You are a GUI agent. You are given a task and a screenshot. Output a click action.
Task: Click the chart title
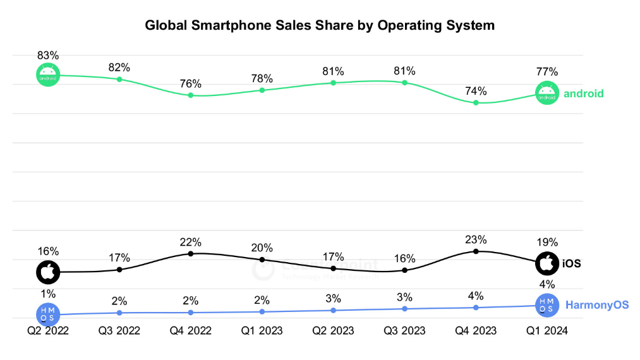tap(320, 26)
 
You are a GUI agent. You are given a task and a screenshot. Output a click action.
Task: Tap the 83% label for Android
tap(48, 55)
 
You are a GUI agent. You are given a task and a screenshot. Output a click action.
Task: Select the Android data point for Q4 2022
tap(190, 95)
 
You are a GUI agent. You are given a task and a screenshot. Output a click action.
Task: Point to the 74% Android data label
tap(476, 91)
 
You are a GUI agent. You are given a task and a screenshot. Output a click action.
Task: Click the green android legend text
tap(583, 93)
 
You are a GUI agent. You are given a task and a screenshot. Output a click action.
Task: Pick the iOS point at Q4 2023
tap(476, 251)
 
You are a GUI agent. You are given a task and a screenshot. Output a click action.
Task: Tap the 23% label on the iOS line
tap(476, 239)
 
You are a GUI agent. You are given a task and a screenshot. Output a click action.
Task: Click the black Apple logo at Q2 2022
tap(48, 272)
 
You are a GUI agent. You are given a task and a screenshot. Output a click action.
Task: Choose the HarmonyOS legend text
tap(597, 305)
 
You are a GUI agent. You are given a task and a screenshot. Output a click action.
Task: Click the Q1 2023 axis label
tap(262, 331)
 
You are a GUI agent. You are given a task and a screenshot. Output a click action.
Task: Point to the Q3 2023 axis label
tap(404, 331)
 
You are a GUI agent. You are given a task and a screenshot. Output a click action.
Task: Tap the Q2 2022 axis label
tap(48, 331)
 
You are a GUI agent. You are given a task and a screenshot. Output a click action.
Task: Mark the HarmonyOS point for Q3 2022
tap(119, 313)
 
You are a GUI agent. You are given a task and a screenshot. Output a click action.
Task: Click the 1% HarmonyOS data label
tap(48, 294)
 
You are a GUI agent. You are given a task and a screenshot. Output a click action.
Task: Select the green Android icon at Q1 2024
tap(546, 93)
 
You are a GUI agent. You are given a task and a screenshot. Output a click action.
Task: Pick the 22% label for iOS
tap(190, 242)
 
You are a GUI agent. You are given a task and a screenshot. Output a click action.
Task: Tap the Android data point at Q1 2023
tap(262, 90)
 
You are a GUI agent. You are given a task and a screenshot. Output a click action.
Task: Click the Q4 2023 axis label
tap(476, 331)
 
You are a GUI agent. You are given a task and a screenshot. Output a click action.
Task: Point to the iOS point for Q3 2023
tap(404, 270)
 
